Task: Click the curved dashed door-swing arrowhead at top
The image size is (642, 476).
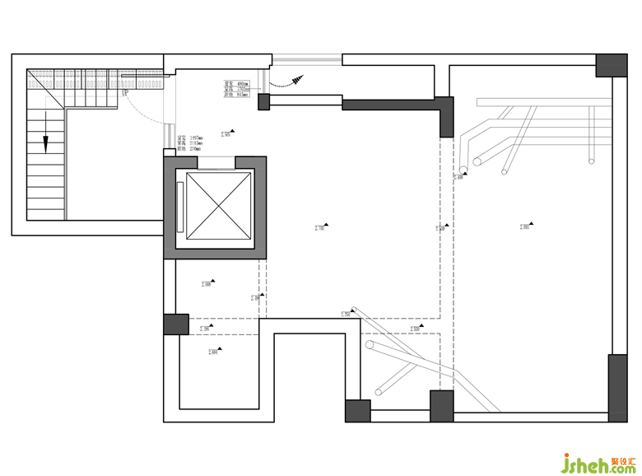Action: pos(295,78)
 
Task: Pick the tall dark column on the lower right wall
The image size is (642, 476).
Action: pos(617,388)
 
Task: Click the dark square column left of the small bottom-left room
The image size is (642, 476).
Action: pos(175,324)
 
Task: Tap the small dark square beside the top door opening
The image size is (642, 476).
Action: pos(264,102)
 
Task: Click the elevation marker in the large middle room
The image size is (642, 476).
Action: pos(322,226)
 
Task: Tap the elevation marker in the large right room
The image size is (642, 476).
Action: pos(526,226)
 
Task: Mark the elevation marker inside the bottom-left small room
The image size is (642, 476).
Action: pos(216,352)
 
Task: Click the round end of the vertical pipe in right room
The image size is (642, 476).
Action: pos(463,172)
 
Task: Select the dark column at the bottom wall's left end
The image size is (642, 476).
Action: pos(358,411)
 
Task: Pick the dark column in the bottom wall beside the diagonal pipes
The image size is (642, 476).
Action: pos(442,406)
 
